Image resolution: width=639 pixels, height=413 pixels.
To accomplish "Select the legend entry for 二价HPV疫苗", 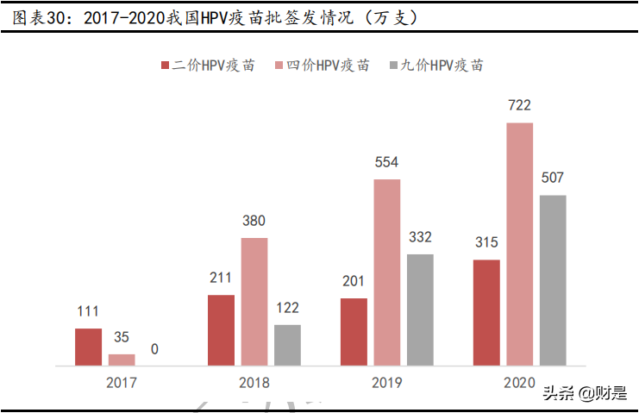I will coord(208,66).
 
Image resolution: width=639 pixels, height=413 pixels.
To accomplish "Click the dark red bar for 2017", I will coord(88,347).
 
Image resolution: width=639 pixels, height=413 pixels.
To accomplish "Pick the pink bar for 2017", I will coord(122,360).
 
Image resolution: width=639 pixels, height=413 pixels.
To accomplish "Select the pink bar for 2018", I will coord(254,301).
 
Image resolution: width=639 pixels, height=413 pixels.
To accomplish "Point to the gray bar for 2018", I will coord(287,345).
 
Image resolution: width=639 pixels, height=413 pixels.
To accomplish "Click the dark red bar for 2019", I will coord(354,332).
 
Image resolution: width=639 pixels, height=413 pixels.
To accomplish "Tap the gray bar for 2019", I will coord(420,310).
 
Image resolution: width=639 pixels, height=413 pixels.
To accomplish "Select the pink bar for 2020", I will coord(519,244).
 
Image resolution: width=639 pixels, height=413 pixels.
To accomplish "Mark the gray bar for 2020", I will coord(553,280).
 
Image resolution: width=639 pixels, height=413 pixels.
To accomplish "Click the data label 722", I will coord(519,106).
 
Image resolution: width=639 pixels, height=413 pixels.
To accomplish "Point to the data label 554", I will coord(386,162).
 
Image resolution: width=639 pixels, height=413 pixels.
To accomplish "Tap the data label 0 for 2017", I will coord(154,349).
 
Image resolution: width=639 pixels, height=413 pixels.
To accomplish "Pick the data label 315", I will coord(486,242).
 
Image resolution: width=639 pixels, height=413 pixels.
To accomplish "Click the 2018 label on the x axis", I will coord(254,382).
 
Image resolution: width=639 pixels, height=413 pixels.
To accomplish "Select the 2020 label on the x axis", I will coord(519,382).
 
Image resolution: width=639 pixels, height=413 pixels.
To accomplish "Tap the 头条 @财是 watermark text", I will coord(584,394).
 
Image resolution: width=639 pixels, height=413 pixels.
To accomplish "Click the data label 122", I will coord(287,308).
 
